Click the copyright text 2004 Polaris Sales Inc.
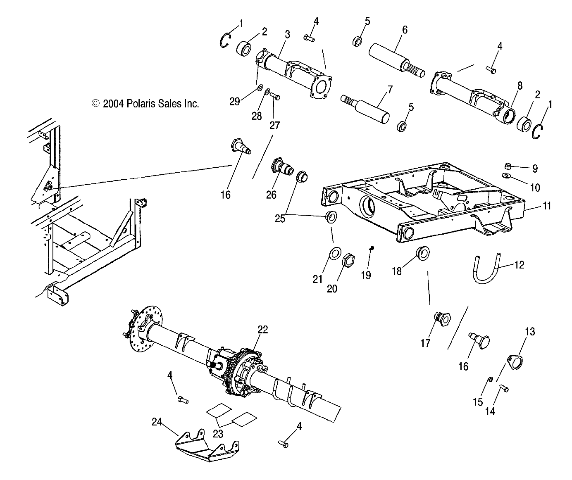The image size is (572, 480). (145, 104)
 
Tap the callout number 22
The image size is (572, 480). (262, 329)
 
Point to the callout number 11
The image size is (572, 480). (547, 206)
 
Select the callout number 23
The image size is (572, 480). (218, 433)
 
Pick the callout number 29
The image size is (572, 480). (234, 101)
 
